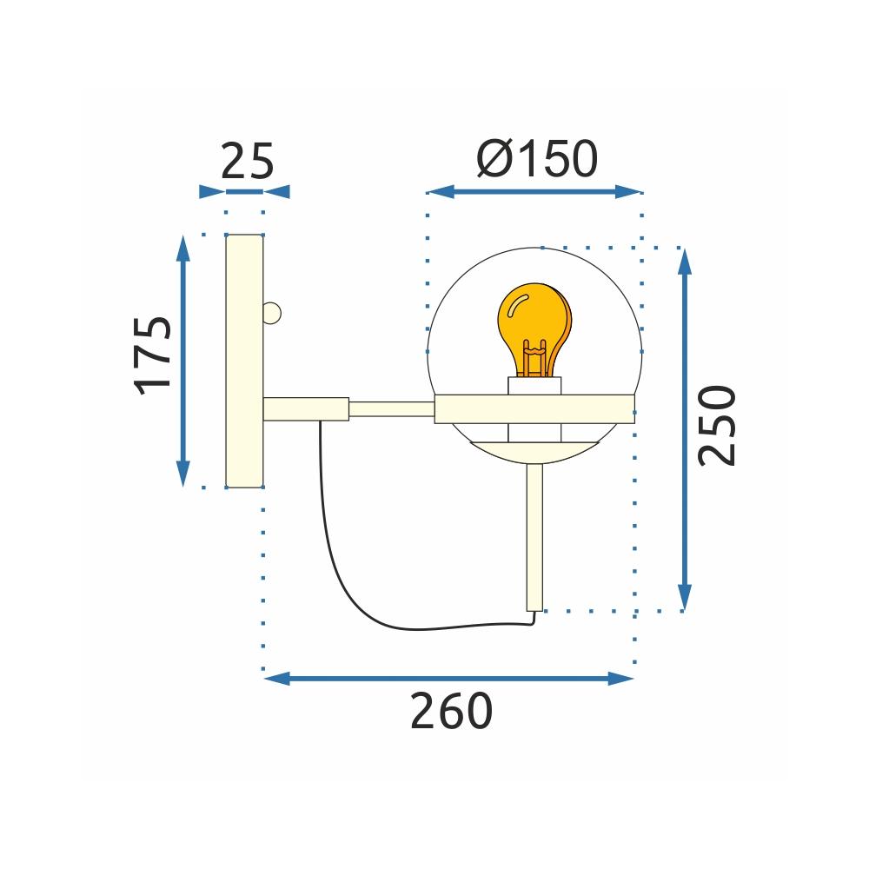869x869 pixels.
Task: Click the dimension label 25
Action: click(x=247, y=161)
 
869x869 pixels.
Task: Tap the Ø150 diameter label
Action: click(x=537, y=159)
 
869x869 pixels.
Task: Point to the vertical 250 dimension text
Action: click(x=718, y=426)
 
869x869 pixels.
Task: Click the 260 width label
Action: click(x=450, y=713)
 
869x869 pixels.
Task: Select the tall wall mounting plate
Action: click(x=244, y=361)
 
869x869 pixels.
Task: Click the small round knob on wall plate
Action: click(x=272, y=311)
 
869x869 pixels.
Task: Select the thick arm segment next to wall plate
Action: click(x=306, y=408)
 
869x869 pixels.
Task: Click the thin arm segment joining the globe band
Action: click(x=391, y=408)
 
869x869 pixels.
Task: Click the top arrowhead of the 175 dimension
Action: click(x=182, y=248)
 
